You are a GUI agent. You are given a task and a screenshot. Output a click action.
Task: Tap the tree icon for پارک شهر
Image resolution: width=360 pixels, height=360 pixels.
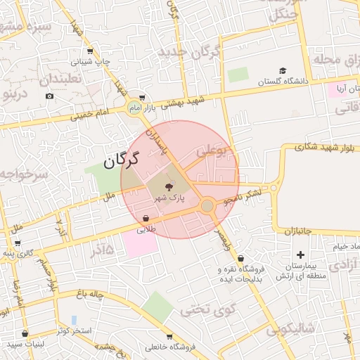[168, 187]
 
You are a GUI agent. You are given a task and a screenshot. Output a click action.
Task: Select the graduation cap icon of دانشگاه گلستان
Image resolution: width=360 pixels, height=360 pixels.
[282, 71]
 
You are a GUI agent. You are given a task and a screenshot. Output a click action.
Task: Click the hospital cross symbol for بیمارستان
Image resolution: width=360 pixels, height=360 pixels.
[301, 255]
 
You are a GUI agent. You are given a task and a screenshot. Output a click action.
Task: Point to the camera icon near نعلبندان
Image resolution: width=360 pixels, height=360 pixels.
[49, 96]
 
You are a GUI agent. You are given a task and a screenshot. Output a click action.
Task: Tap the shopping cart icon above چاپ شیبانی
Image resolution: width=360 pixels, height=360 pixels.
[90, 51]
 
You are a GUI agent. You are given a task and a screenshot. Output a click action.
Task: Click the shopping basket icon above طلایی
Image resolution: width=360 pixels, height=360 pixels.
[145, 218]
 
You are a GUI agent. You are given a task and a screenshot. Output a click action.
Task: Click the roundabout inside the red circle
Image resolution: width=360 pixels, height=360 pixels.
[207, 205]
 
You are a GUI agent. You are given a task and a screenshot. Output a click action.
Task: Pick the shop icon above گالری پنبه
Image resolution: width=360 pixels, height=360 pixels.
[18, 243]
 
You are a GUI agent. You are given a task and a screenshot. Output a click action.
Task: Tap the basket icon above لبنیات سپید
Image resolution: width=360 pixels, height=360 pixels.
[25, 333]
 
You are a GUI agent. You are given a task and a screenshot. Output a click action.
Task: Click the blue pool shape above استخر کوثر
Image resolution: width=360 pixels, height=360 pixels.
[74, 320]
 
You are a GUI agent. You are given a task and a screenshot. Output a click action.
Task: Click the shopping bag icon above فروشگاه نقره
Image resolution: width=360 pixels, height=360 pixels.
[241, 258]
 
